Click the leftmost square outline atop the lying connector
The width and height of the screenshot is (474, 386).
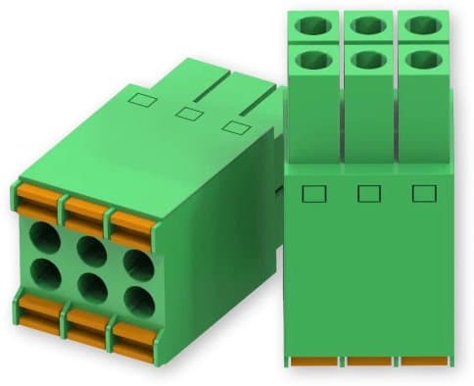(x=142, y=98)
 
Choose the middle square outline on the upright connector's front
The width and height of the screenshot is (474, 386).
(x=369, y=193)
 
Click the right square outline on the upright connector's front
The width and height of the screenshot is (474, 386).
(x=423, y=193)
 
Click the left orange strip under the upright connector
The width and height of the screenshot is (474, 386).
(x=312, y=362)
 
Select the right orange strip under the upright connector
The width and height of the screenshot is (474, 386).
(x=424, y=362)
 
